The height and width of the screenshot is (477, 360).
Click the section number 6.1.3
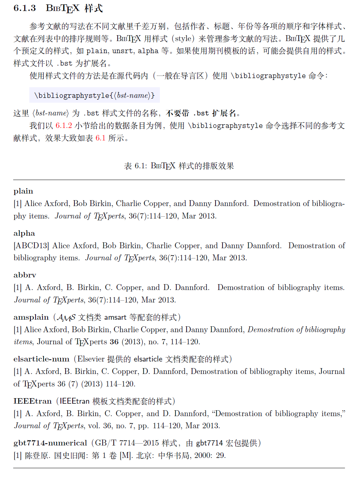25,8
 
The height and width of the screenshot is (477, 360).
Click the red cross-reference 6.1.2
64,126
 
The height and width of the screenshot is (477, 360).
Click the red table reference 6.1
100,138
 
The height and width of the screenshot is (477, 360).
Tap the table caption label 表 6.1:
136,166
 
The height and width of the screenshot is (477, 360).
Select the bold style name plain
23,191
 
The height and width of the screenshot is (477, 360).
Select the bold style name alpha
24,233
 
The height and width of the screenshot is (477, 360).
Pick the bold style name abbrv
25,275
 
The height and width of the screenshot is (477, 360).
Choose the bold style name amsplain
31,317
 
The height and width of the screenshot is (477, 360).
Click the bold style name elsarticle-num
41,359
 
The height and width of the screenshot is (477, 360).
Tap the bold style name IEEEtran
32,401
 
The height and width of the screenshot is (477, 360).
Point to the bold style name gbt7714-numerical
50,443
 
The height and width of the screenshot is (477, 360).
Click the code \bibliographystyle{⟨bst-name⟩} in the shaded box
94,96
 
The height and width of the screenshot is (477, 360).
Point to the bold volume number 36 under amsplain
114,342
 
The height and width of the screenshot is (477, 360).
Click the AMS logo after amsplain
66,318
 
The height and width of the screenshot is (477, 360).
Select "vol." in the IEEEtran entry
94,426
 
